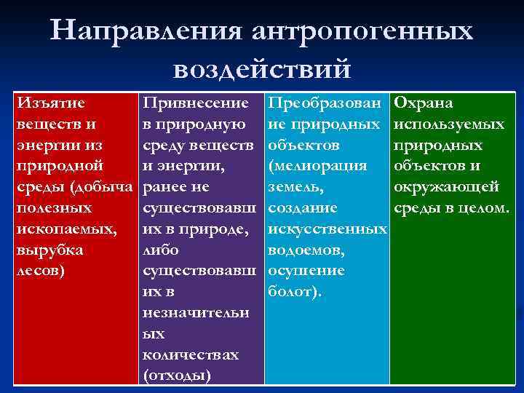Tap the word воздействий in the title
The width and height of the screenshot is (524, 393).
click(x=262, y=69)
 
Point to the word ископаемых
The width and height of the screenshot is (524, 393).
click(x=65, y=229)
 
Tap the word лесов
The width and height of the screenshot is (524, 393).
click(x=39, y=271)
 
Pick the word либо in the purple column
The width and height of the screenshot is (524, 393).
click(x=164, y=250)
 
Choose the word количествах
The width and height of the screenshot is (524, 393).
click(x=191, y=355)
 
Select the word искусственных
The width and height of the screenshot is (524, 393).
click(x=327, y=229)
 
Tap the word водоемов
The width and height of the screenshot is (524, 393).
click(x=306, y=250)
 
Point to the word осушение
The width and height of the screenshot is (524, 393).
click(x=306, y=271)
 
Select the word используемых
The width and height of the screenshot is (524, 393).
click(x=449, y=124)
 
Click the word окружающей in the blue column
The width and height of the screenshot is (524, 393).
click(x=445, y=188)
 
